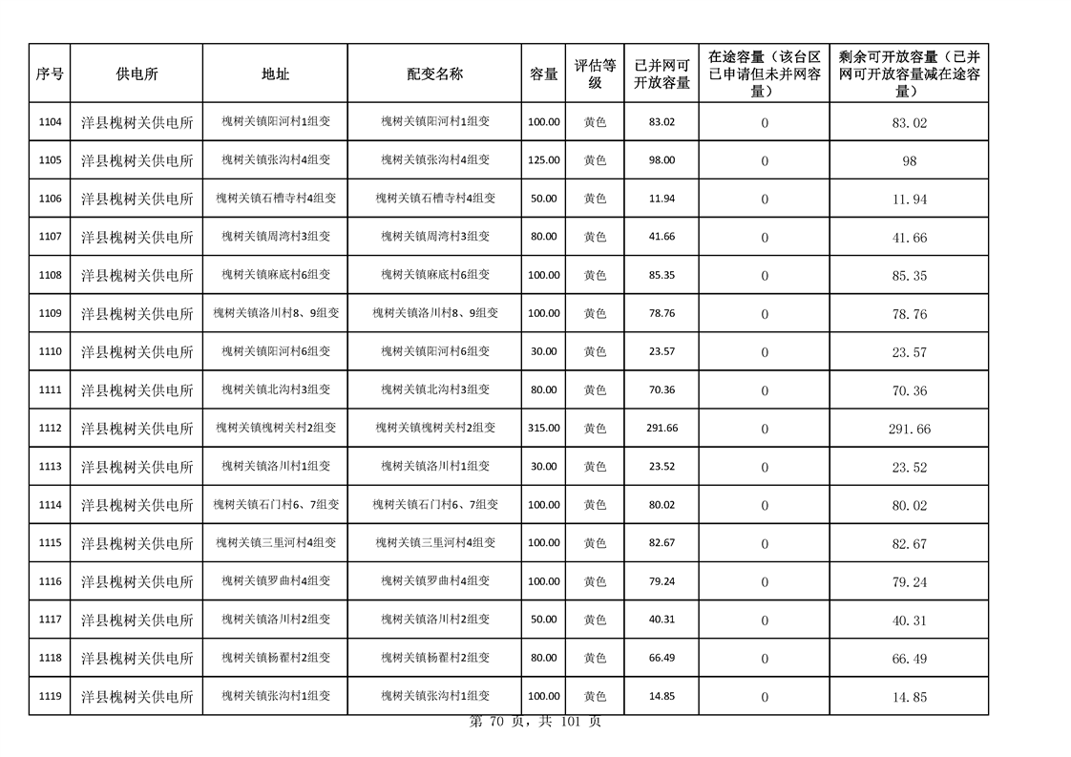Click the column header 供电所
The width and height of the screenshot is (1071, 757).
click(x=136, y=74)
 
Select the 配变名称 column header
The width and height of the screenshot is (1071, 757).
click(x=434, y=74)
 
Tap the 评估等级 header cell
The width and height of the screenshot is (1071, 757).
click(x=595, y=74)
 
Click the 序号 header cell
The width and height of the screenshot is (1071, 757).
click(x=50, y=74)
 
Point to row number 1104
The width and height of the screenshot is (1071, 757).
click(x=50, y=122)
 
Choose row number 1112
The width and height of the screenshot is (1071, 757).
click(x=50, y=429)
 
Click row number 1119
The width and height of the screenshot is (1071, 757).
click(x=50, y=697)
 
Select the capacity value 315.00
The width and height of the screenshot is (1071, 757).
click(x=544, y=429)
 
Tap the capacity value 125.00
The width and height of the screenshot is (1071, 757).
click(x=544, y=160)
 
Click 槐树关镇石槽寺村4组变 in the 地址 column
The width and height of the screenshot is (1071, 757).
click(x=276, y=199)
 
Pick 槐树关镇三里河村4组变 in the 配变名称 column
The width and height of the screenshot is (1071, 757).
click(x=435, y=543)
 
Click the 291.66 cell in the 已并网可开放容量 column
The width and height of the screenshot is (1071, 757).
click(x=661, y=429)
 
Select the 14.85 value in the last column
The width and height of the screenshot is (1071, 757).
click(x=909, y=697)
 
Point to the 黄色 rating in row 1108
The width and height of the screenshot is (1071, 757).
click(x=595, y=275)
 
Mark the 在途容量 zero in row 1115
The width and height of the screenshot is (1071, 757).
click(x=764, y=543)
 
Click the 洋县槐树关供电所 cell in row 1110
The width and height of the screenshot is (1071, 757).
click(x=136, y=352)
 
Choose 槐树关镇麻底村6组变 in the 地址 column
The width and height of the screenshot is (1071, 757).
click(x=276, y=275)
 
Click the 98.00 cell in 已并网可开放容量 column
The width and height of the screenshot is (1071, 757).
click(x=661, y=160)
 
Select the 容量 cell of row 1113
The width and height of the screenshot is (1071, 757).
click(x=544, y=467)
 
